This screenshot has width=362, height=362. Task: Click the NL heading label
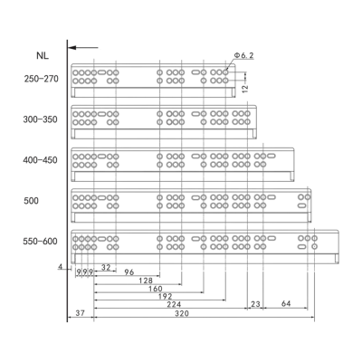coord(43,56)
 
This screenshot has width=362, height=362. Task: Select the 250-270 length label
coord(42,79)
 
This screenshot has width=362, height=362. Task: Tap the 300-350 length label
coord(40,119)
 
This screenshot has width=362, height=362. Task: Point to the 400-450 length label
coord(40,160)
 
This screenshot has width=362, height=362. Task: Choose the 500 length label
coord(31,201)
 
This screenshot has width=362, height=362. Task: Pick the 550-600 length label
coord(40,242)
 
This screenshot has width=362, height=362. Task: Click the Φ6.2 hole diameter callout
coord(243,55)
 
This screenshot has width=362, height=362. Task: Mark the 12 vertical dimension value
coord(245,88)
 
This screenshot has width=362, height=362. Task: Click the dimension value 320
coord(182,314)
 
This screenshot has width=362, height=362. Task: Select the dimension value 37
coord(81,313)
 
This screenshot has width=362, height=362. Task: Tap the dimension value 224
coord(174,305)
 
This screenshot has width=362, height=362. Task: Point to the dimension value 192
coord(166,297)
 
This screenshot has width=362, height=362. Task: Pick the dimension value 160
coord(156,289)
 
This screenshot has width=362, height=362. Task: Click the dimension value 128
coord(146,281)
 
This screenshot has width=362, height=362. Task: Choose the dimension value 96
coord(129,272)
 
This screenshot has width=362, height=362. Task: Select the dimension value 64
coord(286,303)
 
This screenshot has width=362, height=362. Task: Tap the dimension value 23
coord(255,304)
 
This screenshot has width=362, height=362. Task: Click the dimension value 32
coord(106,267)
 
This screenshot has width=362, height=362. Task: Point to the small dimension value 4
coord(61,267)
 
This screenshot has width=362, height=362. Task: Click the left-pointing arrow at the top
coord(83,47)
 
